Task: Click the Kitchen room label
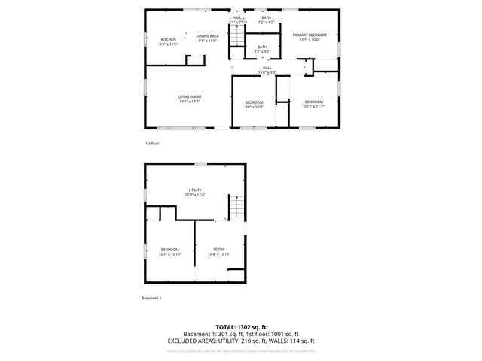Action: point(168,39)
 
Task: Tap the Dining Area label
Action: point(207,36)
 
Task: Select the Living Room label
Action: point(189,96)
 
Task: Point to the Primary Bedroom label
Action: point(310,35)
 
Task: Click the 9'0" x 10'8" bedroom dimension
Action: point(254,107)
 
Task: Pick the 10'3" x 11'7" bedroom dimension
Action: point(313,107)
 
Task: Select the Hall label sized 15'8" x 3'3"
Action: point(267,68)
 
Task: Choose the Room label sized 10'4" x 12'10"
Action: point(218,249)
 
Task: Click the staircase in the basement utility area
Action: point(238,206)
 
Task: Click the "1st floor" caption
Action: point(152,143)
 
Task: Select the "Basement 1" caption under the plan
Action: point(151,299)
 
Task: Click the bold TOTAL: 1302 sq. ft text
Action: point(240,326)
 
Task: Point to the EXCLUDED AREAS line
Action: point(240,341)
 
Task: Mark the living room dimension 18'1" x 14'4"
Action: point(189,102)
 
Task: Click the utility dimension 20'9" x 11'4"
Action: point(195,195)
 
